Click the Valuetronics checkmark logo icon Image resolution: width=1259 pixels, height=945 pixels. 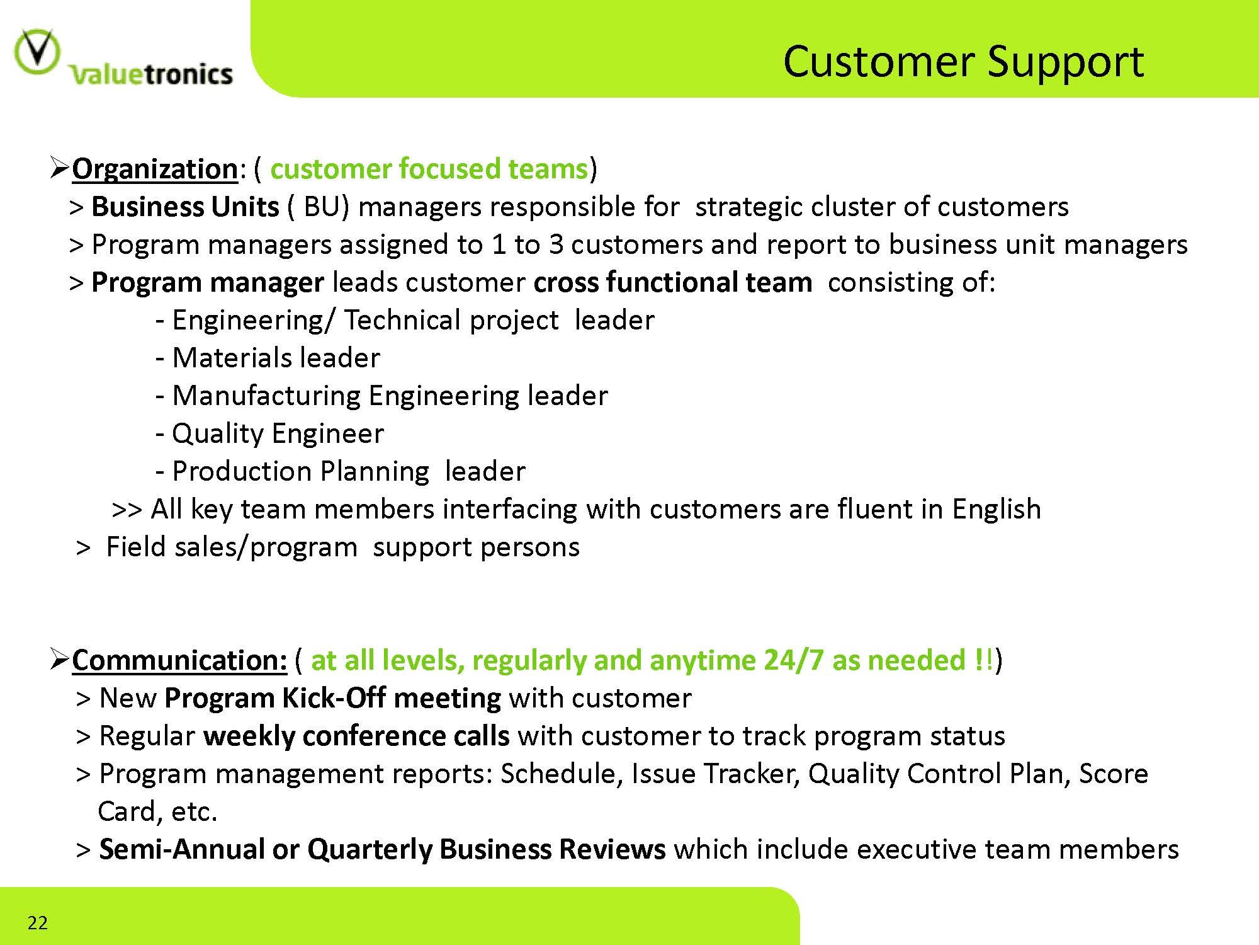click(37, 53)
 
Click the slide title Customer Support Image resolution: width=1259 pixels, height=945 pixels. click(963, 62)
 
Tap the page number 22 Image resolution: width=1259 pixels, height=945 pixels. click(38, 923)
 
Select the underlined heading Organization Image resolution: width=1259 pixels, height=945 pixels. click(155, 169)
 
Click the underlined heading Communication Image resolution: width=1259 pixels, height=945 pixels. click(179, 660)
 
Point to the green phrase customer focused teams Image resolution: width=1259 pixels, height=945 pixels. click(429, 169)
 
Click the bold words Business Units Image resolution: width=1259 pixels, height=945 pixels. click(185, 207)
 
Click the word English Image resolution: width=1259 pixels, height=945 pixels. click(996, 510)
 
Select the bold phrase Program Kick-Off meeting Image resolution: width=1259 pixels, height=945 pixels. click(333, 699)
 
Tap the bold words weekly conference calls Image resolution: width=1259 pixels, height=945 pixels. click(356, 736)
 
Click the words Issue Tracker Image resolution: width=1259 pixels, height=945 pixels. click(716, 774)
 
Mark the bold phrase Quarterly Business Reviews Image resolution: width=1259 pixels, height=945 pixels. click(486, 850)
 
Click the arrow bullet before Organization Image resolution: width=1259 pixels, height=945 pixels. click(59, 168)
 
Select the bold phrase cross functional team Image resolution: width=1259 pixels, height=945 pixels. click(673, 282)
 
